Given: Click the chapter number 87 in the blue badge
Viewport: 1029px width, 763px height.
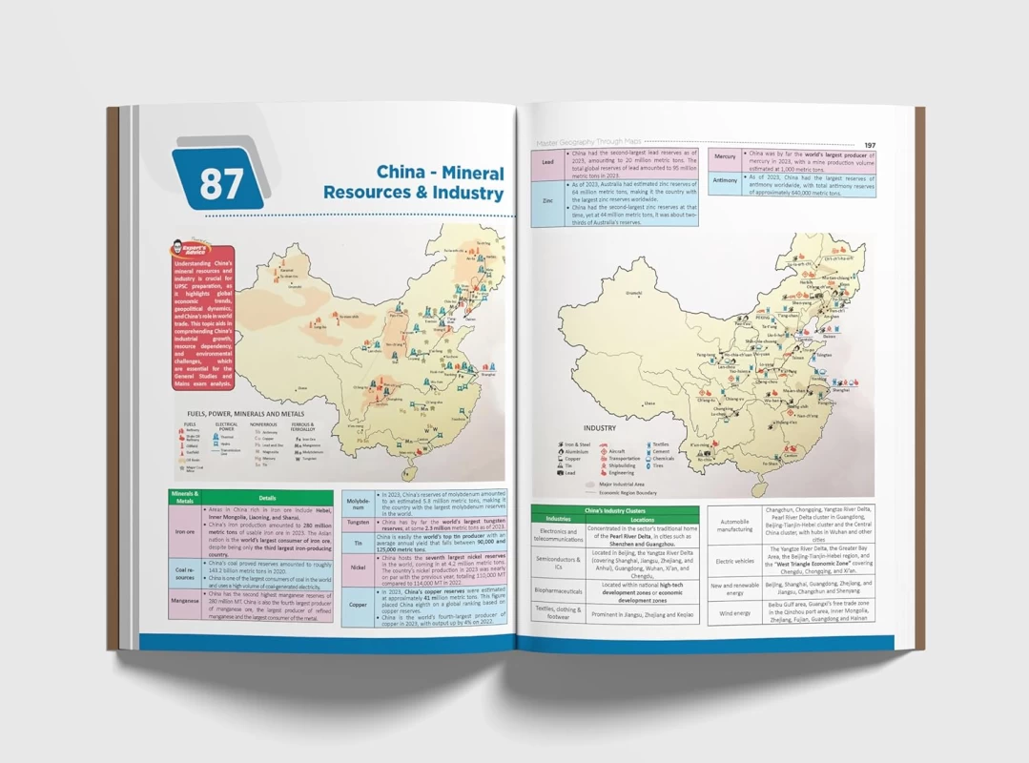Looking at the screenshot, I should (x=220, y=184).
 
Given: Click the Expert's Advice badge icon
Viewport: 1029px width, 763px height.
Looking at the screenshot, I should (x=188, y=251).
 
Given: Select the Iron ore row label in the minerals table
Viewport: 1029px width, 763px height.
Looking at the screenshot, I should (x=184, y=533).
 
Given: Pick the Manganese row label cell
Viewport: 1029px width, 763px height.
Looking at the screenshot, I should (x=184, y=601).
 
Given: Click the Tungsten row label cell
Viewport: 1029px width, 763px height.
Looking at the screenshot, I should (x=358, y=523).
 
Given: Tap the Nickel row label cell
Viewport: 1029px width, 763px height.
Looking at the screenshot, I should (x=358, y=567).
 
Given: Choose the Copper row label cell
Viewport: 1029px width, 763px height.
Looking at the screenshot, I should (x=358, y=605).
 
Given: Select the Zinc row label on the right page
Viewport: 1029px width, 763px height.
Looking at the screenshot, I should (x=547, y=201).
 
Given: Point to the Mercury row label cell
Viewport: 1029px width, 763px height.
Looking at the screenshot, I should (x=725, y=156).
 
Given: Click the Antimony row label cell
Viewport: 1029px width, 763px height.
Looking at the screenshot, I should (x=725, y=179).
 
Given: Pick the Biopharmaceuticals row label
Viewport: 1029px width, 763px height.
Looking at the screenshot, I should (x=558, y=591).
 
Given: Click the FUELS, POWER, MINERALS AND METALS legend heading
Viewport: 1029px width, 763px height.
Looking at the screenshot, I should (x=247, y=414).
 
